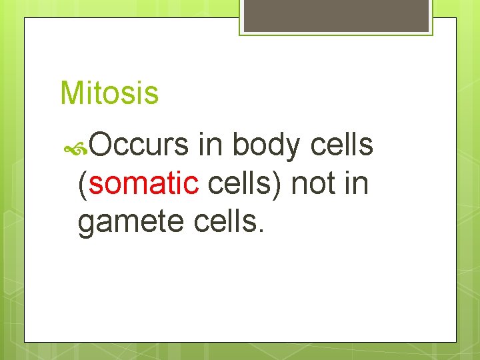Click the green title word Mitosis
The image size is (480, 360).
pos(109,93)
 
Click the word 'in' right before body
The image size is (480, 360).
pos(211,145)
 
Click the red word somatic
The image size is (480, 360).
pos(143,183)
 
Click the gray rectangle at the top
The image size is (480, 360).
pos(336,15)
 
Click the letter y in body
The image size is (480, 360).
pos(297,149)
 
